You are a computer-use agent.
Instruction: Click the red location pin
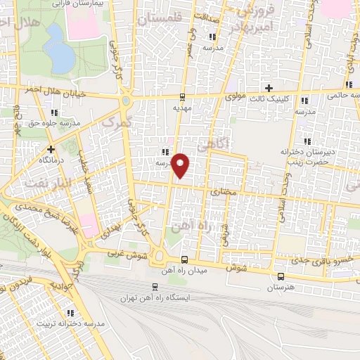pyautogui.click(x=181, y=165)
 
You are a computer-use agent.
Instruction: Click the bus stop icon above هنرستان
pyautogui.click(x=281, y=276)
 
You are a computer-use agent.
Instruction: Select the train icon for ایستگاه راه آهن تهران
pyautogui.click(x=155, y=286)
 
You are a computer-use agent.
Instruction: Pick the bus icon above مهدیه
pyautogui.click(x=182, y=98)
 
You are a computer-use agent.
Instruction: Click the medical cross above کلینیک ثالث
pyautogui.click(x=269, y=87)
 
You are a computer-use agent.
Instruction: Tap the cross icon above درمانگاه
pyautogui.click(x=51, y=149)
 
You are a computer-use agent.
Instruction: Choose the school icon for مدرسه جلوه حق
pyautogui.click(x=54, y=112)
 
